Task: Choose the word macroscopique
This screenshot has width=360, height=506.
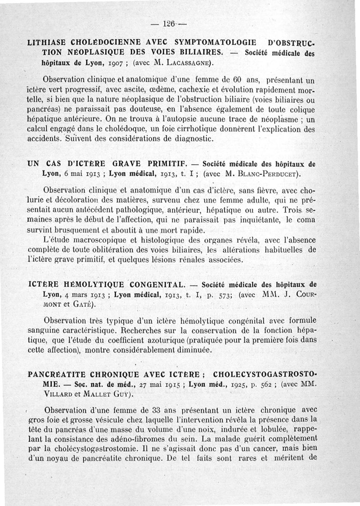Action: pyautogui.click(x=103, y=241)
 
